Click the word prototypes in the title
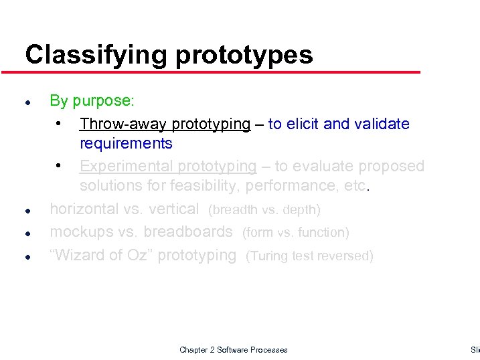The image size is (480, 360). (x=244, y=55)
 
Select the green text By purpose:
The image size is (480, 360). (x=92, y=101)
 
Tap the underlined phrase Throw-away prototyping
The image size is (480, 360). (x=165, y=124)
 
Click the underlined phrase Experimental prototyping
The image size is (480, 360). (x=167, y=166)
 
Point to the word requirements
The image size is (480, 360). (x=126, y=144)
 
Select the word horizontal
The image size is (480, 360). (x=85, y=209)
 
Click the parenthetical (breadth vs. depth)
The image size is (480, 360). (x=265, y=210)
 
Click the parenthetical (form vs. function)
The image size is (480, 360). (x=295, y=233)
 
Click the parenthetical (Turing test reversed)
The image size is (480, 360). (x=309, y=256)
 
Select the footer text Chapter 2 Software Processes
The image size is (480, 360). (x=234, y=350)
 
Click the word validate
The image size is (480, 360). (x=381, y=124)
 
